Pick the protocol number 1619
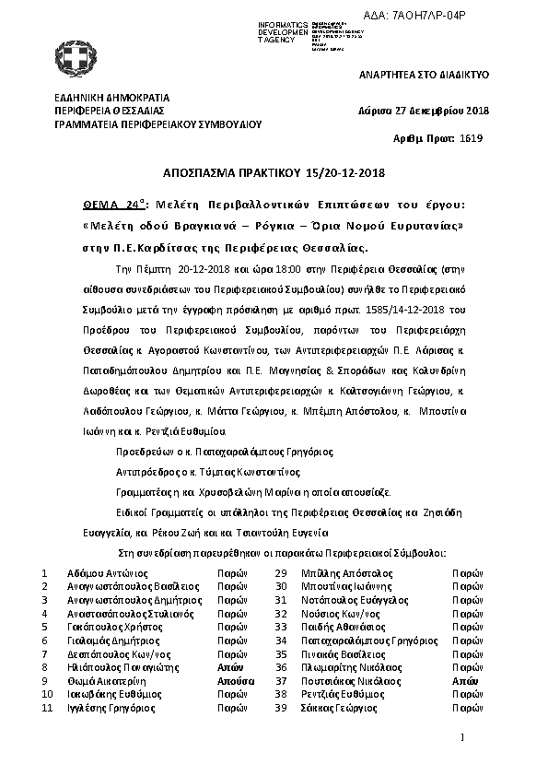click(x=470, y=138)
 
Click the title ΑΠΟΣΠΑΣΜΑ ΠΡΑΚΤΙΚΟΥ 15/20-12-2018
click(x=273, y=172)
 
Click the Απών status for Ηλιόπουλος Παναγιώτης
click(x=230, y=667)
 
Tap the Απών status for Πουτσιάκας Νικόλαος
click(x=464, y=681)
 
